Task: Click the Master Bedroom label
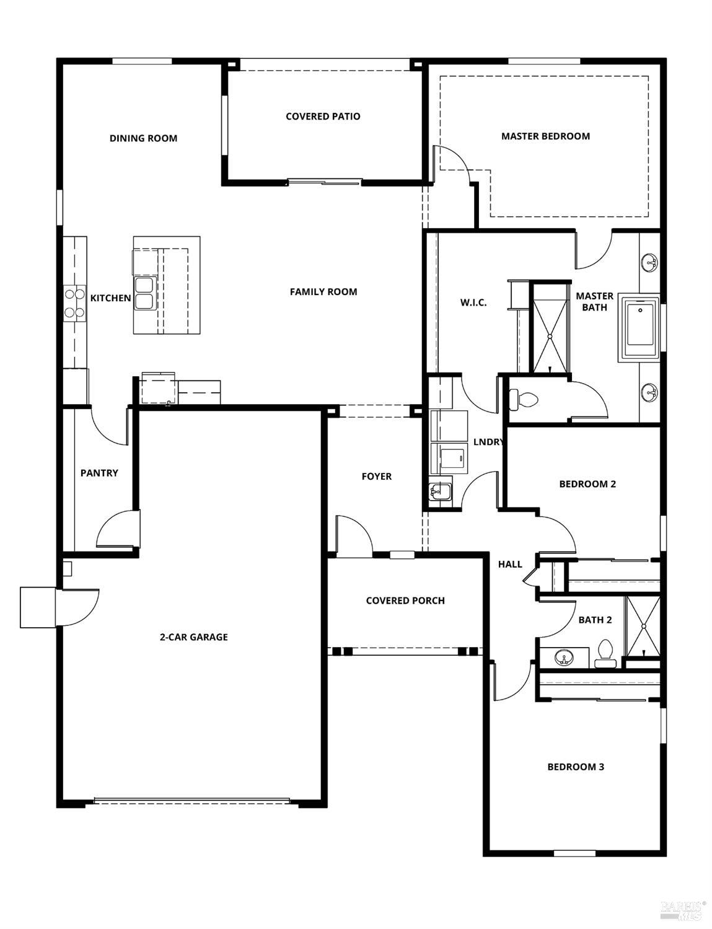[545, 136]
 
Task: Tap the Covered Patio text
[323, 117]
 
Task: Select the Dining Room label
[143, 138]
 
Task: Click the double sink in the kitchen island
[144, 294]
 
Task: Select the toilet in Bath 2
[605, 654]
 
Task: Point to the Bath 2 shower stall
[643, 626]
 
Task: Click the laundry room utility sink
[440, 493]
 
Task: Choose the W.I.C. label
[473, 302]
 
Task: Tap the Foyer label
[377, 477]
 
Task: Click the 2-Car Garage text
[194, 637]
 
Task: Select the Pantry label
[99, 473]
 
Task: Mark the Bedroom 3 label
[576, 767]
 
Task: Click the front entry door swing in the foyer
[353, 534]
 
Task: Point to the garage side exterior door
[77, 607]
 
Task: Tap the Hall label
[510, 565]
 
